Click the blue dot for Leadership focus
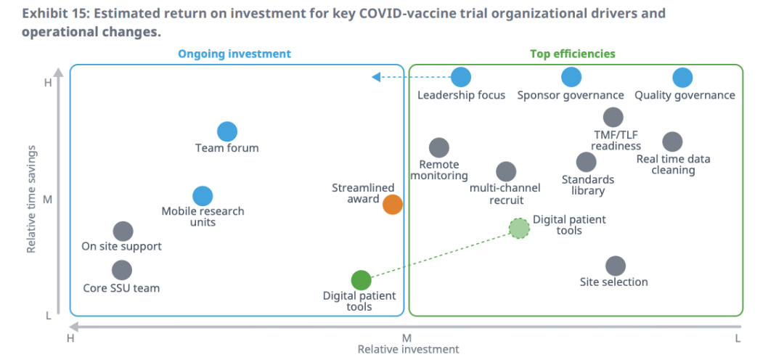(x=461, y=77)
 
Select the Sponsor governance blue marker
(x=571, y=77)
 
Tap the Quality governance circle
(x=682, y=77)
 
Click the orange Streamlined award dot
(x=393, y=204)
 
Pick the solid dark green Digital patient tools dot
(x=361, y=279)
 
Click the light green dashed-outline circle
(x=519, y=228)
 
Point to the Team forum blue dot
(x=227, y=131)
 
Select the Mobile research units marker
(x=203, y=196)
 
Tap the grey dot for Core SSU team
(x=122, y=270)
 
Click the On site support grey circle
(x=123, y=231)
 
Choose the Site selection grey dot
(x=615, y=266)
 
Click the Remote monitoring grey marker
(x=438, y=148)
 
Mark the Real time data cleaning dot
(x=672, y=142)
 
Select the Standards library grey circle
(x=587, y=162)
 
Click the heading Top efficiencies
(x=572, y=54)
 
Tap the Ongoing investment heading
(x=234, y=54)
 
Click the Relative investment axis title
(x=408, y=349)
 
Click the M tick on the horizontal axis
(x=407, y=337)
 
